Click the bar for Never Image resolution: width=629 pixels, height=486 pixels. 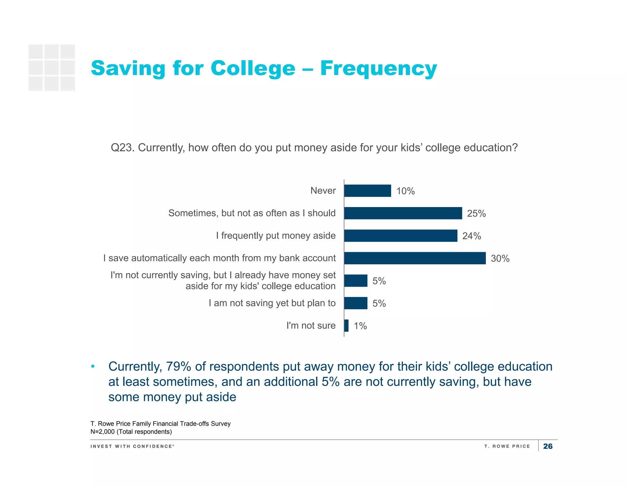tap(368, 191)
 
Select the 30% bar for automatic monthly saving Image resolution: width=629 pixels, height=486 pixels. tap(415, 258)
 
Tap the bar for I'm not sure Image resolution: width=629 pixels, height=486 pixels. tap(346, 326)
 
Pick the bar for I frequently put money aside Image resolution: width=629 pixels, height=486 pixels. tap(401, 236)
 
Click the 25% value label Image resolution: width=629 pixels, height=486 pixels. tap(476, 214)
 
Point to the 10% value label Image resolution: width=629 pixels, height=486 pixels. tap(405, 191)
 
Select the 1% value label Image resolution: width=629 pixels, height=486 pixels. tap(360, 326)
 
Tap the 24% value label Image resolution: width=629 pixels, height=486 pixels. tap(471, 236)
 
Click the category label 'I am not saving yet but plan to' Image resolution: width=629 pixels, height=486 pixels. tap(272, 303)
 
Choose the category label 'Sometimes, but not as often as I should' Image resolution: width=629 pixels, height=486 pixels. tap(252, 213)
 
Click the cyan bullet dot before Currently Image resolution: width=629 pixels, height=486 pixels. tap(93, 366)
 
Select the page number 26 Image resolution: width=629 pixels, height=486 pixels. tap(548, 446)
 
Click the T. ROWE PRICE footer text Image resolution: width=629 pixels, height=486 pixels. tap(507, 446)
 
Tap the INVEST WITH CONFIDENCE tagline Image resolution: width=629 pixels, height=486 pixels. tap(132, 446)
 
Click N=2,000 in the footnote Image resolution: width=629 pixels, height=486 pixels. tap(103, 432)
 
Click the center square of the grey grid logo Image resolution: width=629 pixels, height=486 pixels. tap(52, 68)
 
